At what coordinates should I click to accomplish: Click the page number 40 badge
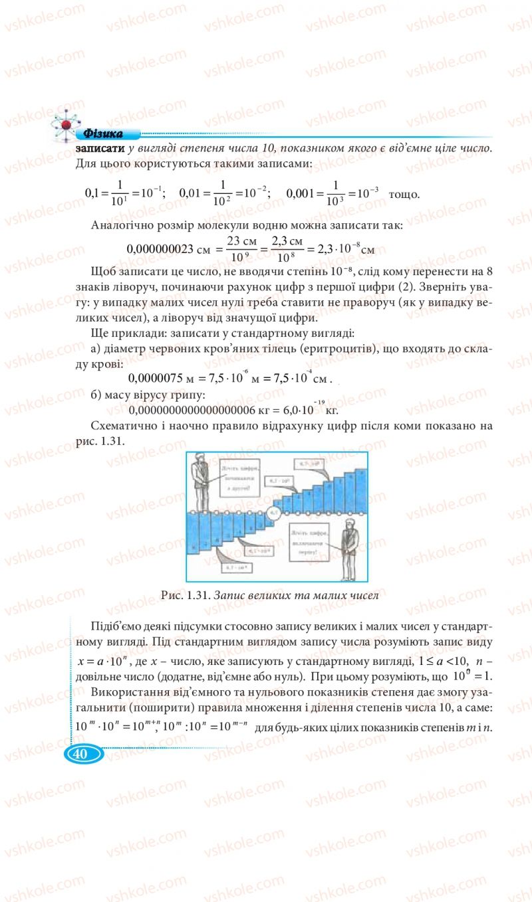point(84,755)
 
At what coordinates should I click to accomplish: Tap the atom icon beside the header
point(65,124)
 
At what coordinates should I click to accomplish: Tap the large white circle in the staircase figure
point(275,512)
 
